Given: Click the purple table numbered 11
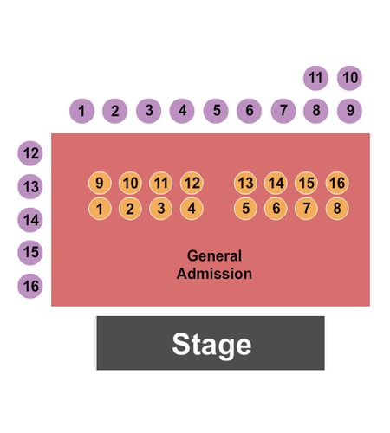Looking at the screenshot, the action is click(x=315, y=78).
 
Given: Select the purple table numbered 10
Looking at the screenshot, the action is click(x=349, y=78).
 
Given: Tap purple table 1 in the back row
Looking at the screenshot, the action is click(x=81, y=111).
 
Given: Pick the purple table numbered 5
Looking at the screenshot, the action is click(x=216, y=111).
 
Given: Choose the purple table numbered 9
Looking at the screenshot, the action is click(x=349, y=111).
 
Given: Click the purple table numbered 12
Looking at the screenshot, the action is click(x=30, y=153).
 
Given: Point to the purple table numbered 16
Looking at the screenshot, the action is click(x=30, y=286).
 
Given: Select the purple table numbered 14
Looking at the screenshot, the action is click(x=30, y=220).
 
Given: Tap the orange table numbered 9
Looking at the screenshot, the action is click(x=100, y=183).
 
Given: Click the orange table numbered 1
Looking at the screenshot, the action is click(x=100, y=209).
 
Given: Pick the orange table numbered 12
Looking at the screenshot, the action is click(x=192, y=183).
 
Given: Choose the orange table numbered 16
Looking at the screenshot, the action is click(x=337, y=183).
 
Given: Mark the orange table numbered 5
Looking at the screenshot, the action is click(x=245, y=209).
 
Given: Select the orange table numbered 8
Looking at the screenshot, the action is click(x=337, y=209).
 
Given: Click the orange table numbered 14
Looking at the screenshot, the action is click(x=276, y=183).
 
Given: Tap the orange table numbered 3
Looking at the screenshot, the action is click(x=161, y=209).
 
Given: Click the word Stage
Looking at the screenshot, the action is click(x=211, y=345).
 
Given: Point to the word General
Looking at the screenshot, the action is click(x=214, y=255).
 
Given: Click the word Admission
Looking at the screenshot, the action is click(x=214, y=274).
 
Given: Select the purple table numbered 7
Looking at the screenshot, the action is click(x=283, y=111).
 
